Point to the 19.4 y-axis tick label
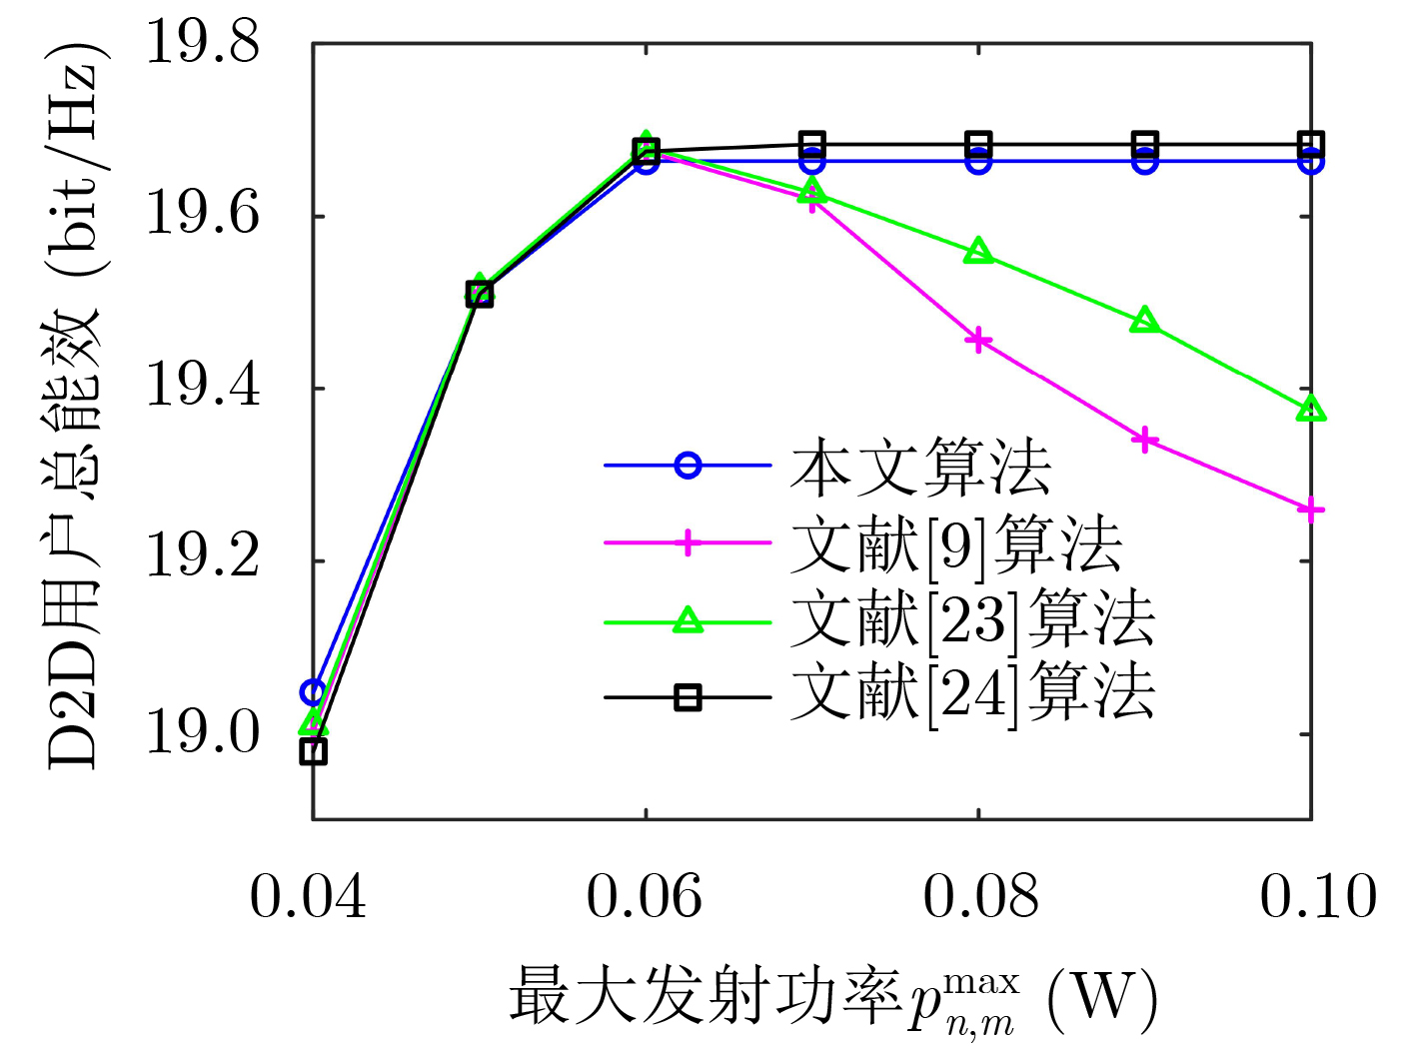click(x=203, y=388)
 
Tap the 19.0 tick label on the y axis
click(x=203, y=733)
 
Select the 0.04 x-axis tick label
click(x=308, y=895)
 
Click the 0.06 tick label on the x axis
click(x=645, y=895)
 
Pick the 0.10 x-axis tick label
click(x=1318, y=895)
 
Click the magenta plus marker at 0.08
click(x=979, y=342)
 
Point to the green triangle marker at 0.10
click(x=1311, y=410)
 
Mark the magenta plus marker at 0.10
click(x=1311, y=511)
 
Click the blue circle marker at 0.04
click(x=314, y=692)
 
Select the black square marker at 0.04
click(x=314, y=751)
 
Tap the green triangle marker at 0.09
click(x=1145, y=322)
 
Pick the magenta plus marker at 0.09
click(x=1145, y=440)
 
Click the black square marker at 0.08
click(x=979, y=143)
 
